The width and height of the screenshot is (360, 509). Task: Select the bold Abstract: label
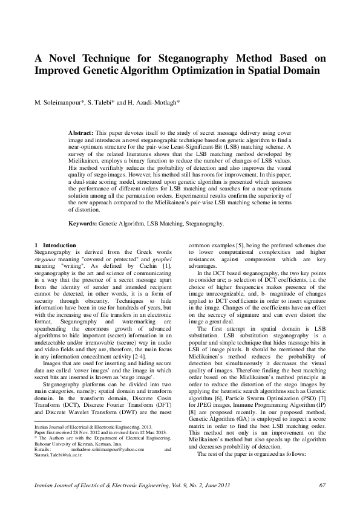point(80,131)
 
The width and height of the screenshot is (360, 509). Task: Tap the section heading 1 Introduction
point(55,245)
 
